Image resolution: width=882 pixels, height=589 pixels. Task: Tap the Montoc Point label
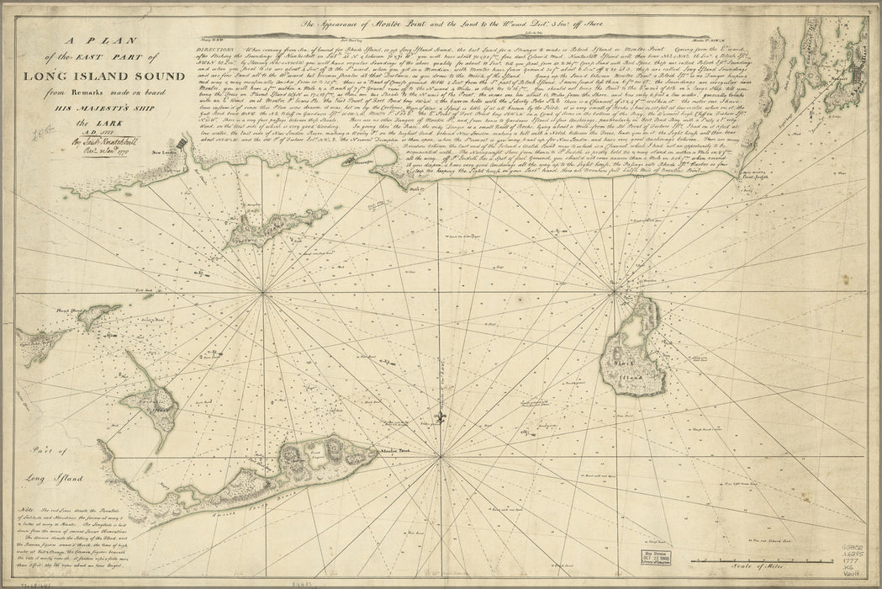click(393, 451)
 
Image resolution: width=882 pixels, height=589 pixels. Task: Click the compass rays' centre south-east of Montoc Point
click(441, 457)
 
